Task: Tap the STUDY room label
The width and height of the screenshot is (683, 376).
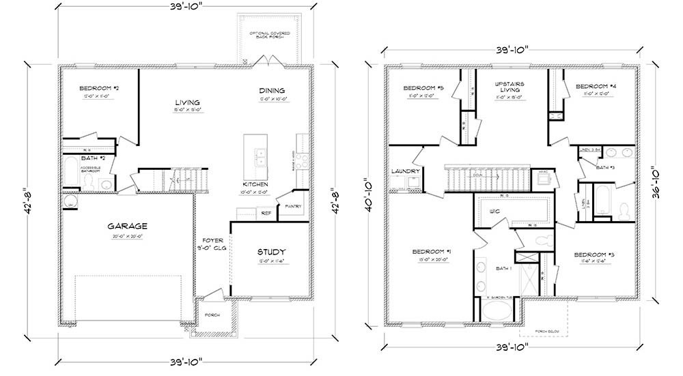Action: pyautogui.click(x=271, y=252)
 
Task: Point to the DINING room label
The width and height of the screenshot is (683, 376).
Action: pyautogui.click(x=271, y=91)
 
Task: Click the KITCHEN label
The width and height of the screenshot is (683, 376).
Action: pyautogui.click(x=255, y=184)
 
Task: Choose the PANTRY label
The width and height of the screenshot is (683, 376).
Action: pyautogui.click(x=294, y=206)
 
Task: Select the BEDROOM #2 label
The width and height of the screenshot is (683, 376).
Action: pyautogui.click(x=100, y=88)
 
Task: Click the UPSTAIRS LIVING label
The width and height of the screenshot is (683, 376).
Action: pyautogui.click(x=507, y=86)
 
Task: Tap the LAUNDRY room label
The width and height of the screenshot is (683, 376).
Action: pyautogui.click(x=405, y=171)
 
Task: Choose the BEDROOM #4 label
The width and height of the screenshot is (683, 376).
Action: pyautogui.click(x=591, y=87)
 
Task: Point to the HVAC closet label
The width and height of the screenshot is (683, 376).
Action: pyautogui.click(x=544, y=171)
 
